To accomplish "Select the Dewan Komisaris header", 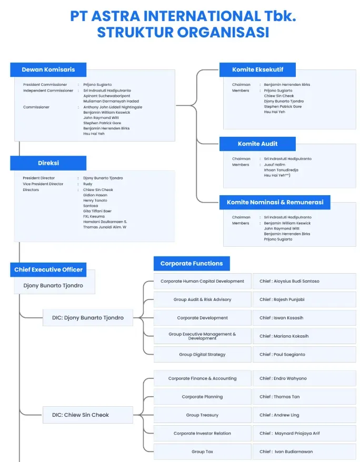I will click(48, 69).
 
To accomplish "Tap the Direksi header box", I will click(48, 163).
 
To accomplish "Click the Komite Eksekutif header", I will click(257, 69).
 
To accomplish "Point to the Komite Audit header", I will click(257, 144).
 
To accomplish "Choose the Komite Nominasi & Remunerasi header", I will click(275, 202).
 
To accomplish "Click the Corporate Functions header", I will click(192, 264).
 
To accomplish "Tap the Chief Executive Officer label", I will click(48, 270).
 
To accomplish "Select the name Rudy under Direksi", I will click(87, 184).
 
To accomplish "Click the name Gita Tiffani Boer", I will click(97, 211).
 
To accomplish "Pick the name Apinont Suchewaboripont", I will click(107, 96).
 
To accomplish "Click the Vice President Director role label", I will click(43, 184).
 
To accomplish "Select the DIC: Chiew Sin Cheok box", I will click(87, 415).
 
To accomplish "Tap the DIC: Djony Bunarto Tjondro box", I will click(87, 318).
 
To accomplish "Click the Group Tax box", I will click(202, 451).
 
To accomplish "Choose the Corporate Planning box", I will click(202, 397).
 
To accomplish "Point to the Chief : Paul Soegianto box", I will click(304, 355).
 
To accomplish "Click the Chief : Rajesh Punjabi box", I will click(304, 299).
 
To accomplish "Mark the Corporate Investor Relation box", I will click(202, 434).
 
